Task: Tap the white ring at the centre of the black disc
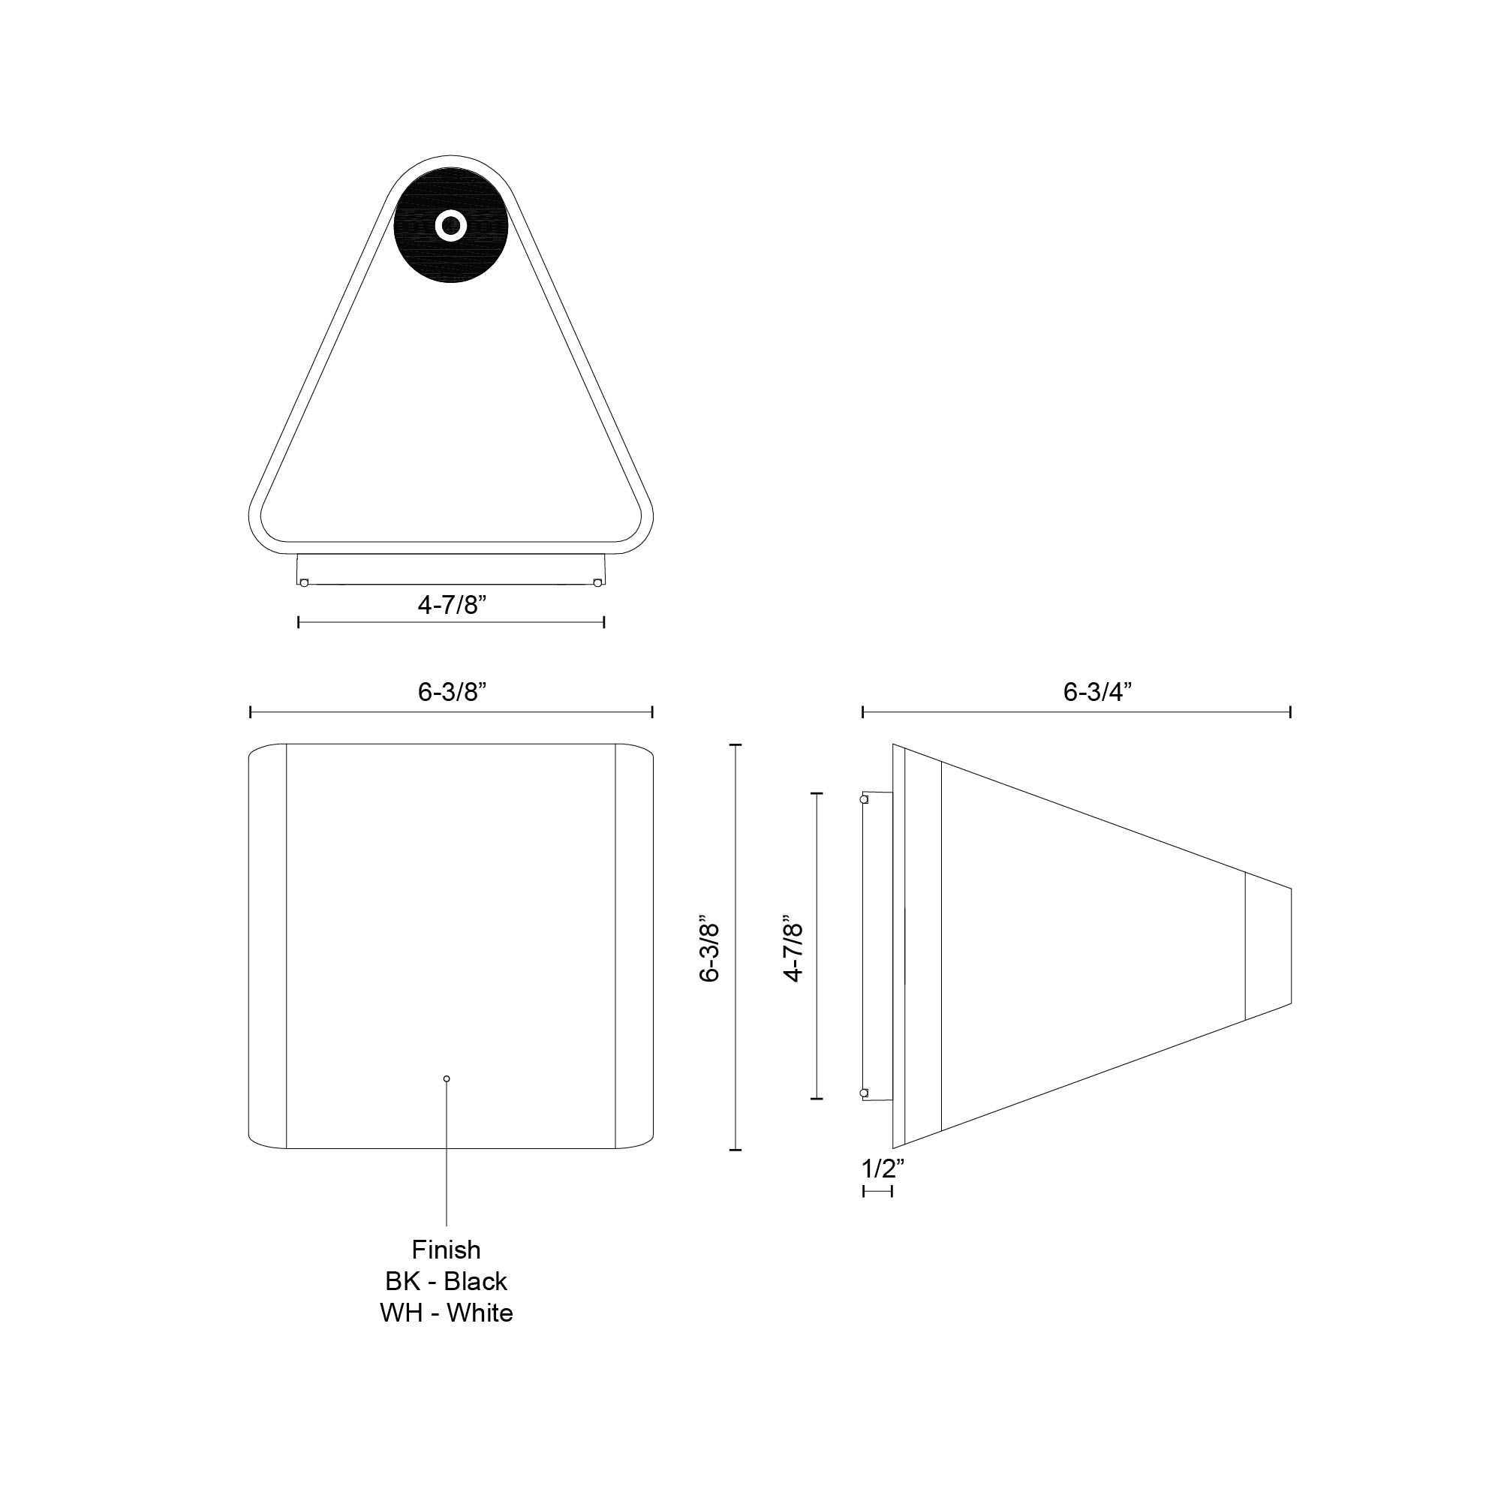coord(450,226)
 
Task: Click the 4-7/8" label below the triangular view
coord(451,604)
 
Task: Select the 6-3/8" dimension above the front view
coord(451,691)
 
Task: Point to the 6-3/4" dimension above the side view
coord(1097,691)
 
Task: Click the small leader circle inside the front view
coord(446,1078)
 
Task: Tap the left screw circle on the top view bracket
coord(304,582)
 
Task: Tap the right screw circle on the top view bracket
coord(597,582)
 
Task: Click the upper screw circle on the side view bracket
coord(863,799)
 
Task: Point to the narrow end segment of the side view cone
coord(1268,946)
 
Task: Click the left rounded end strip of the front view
coord(267,946)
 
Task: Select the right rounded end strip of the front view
coord(633,946)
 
